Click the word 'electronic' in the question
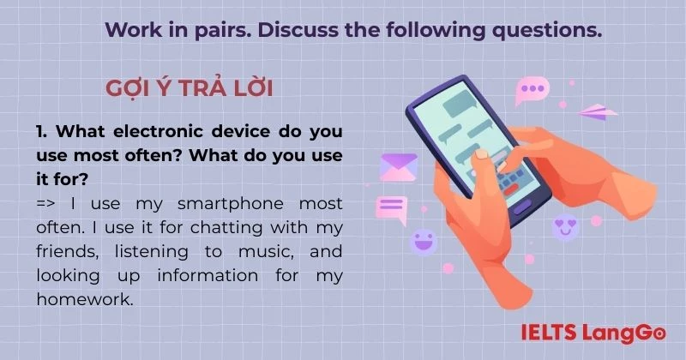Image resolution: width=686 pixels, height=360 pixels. click(x=157, y=133)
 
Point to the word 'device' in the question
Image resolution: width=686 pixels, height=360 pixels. click(x=246, y=133)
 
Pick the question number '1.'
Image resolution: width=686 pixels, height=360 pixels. click(x=44, y=133)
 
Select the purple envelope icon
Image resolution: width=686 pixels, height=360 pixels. click(x=399, y=165)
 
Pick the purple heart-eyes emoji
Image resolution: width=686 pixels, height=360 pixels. click(x=566, y=227)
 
